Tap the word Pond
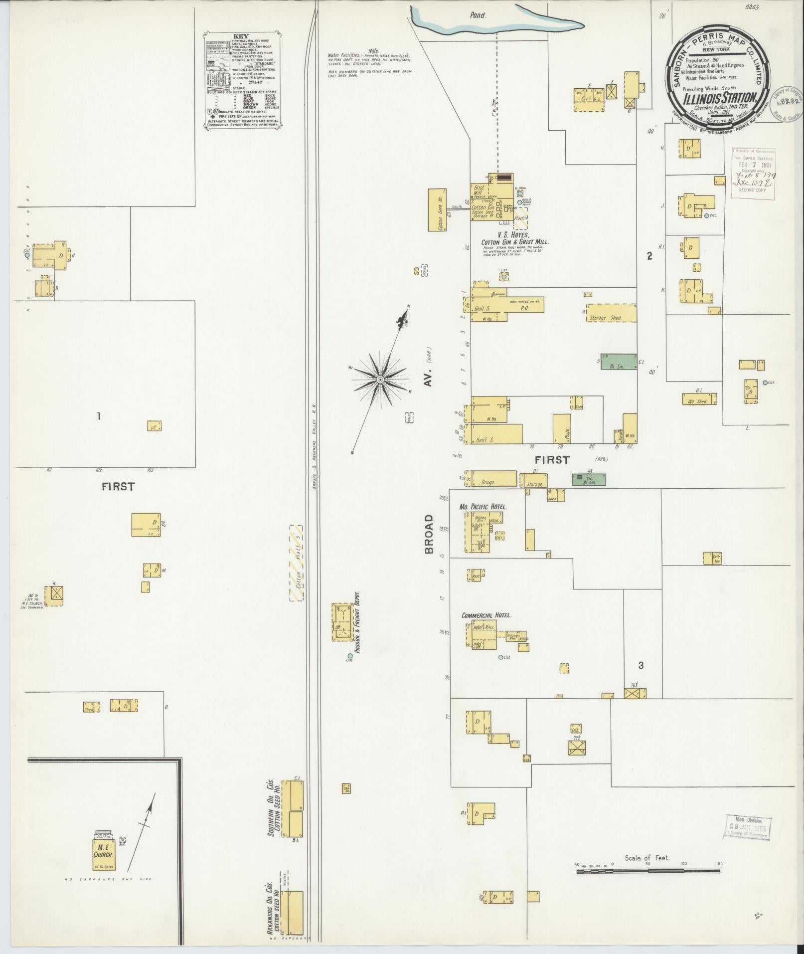(x=478, y=15)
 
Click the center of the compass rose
(x=380, y=380)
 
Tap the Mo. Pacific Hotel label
(x=482, y=507)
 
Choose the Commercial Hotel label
(x=486, y=615)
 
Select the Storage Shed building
(x=611, y=313)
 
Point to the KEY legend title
(x=241, y=36)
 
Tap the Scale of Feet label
(x=647, y=858)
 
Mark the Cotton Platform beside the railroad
(x=298, y=563)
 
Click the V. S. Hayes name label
(x=512, y=235)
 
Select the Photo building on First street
(x=561, y=428)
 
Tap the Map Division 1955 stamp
(x=748, y=828)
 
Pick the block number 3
(x=641, y=665)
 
